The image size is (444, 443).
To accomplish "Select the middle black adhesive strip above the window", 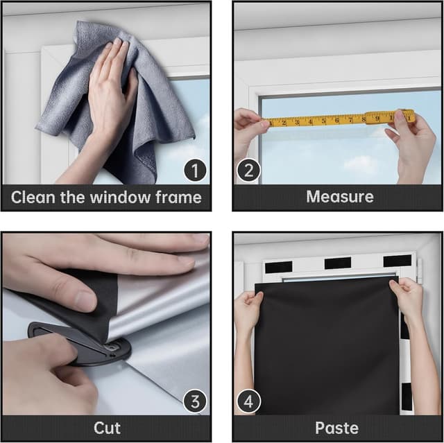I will (x=337, y=263).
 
